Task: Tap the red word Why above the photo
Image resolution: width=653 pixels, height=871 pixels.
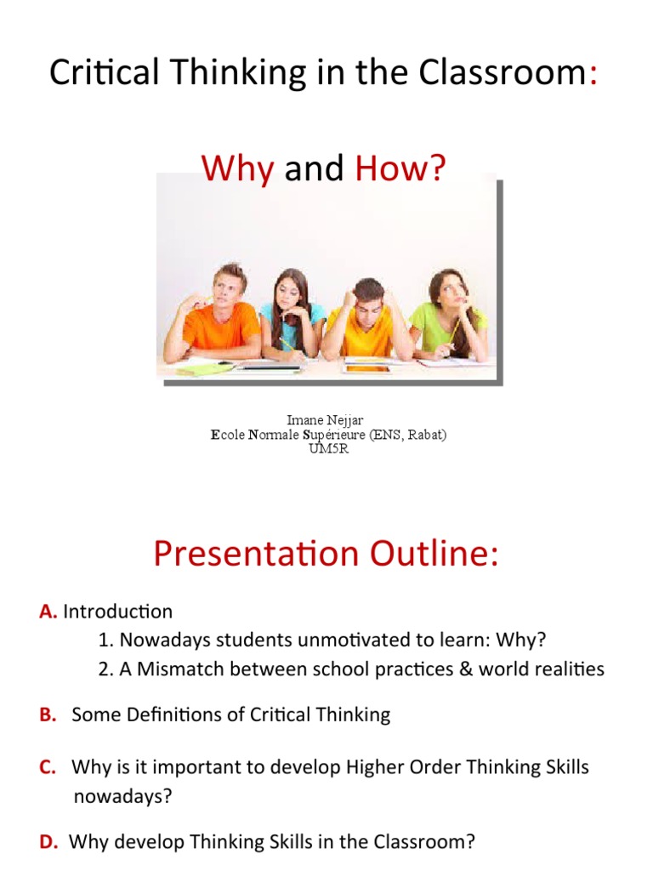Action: [237, 169]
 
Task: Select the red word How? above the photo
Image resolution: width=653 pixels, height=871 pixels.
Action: [400, 169]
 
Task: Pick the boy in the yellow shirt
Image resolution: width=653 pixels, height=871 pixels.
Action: [368, 319]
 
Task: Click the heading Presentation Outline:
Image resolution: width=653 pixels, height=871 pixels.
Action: [326, 554]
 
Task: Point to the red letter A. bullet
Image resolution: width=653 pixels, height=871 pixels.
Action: [48, 612]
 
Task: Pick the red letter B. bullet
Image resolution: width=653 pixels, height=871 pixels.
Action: [48, 714]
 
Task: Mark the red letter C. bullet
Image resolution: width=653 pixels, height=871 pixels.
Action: [48, 768]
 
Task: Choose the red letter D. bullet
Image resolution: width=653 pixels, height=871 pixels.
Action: [48, 842]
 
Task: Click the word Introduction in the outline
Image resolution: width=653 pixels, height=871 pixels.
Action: [118, 612]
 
